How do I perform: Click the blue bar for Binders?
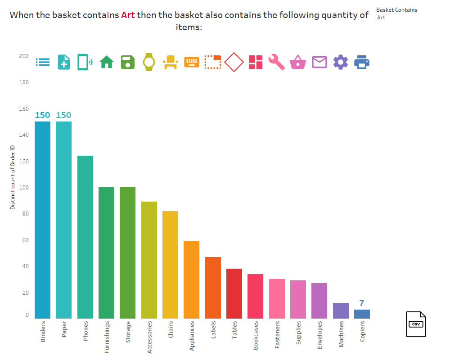pyautogui.click(x=42, y=220)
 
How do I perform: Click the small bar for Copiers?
pyautogui.click(x=362, y=314)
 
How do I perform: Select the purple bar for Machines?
pyautogui.click(x=341, y=310)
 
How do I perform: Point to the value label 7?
pyautogui.click(x=361, y=303)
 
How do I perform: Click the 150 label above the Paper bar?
pyautogui.click(x=63, y=115)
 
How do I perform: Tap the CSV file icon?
pyautogui.click(x=416, y=324)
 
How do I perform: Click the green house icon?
pyautogui.click(x=106, y=62)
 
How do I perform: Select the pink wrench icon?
pyautogui.click(x=277, y=62)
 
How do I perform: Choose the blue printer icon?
pyautogui.click(x=362, y=62)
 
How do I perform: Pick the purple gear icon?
pyautogui.click(x=341, y=62)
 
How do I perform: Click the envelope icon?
pyautogui.click(x=319, y=62)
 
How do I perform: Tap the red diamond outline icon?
pyautogui.click(x=234, y=62)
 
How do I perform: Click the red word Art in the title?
pyautogui.click(x=128, y=15)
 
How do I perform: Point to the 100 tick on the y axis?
pyautogui.click(x=23, y=187)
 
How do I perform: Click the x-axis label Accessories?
pyautogui.click(x=149, y=337)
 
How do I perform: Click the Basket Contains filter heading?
pyautogui.click(x=396, y=10)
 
